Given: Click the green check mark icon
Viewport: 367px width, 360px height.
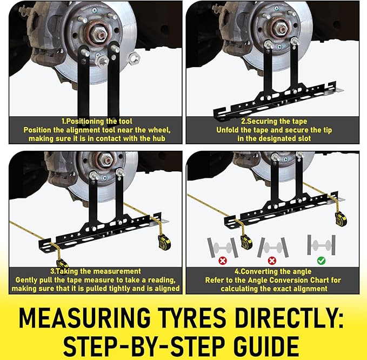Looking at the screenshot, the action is point(321,261).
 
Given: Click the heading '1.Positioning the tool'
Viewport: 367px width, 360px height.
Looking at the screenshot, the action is point(97,121).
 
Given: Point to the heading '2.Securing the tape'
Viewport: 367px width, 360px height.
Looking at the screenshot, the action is point(274,121).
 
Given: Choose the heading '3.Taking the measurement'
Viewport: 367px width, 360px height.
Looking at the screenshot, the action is point(96,271).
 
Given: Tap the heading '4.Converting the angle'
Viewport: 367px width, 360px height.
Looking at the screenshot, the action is point(273,271).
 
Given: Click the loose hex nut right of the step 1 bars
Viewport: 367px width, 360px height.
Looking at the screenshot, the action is point(134,58).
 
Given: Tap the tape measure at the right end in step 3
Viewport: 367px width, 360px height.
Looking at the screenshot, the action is point(164,242).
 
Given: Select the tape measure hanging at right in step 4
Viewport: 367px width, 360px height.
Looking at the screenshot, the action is point(341,219).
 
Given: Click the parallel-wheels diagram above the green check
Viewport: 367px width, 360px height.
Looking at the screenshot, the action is point(322,245).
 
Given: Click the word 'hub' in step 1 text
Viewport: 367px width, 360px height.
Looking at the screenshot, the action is point(159,138).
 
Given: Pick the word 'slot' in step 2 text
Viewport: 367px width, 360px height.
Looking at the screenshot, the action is point(304,138).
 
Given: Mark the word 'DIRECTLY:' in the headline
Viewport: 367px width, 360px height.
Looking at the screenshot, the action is point(289,318).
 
